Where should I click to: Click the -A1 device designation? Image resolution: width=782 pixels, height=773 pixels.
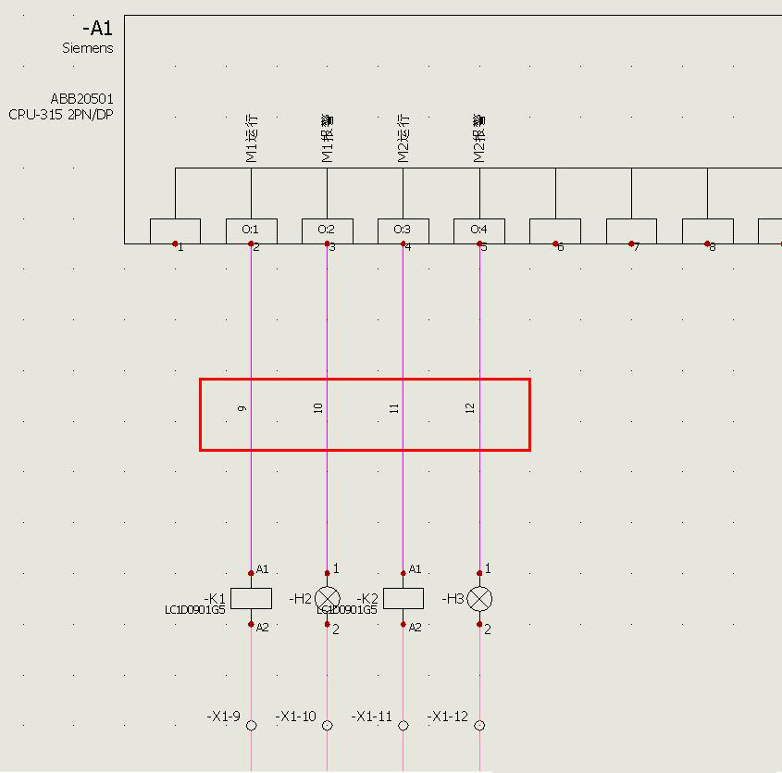97,29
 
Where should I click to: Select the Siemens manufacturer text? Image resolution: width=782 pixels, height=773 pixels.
88,48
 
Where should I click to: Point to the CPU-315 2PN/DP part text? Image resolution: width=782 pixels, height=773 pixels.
61,115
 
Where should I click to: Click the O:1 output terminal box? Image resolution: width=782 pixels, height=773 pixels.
251,230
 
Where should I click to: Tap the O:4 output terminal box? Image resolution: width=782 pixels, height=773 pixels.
478,230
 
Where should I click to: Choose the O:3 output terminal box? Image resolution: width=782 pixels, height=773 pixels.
403,230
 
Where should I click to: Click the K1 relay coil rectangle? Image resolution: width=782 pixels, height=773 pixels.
251,598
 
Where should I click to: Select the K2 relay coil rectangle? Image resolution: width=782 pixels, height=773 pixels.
403,598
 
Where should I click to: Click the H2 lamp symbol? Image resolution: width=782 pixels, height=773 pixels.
328,598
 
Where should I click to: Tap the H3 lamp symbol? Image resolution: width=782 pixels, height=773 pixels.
479,598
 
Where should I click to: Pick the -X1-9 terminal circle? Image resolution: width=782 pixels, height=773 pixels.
251,726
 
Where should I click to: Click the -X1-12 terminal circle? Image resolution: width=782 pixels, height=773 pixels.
479,726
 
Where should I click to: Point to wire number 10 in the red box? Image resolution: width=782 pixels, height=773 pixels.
317,407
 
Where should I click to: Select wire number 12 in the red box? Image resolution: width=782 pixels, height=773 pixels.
469,407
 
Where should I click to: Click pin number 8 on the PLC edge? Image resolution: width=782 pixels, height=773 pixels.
712,247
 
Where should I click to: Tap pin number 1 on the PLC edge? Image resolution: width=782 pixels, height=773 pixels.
180,247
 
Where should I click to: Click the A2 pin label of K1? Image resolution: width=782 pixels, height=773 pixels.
262,627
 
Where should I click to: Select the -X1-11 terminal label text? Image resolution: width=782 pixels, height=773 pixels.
371,717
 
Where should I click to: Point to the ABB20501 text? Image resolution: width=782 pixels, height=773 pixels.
82,99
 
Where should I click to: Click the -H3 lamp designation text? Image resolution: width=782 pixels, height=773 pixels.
453,599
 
